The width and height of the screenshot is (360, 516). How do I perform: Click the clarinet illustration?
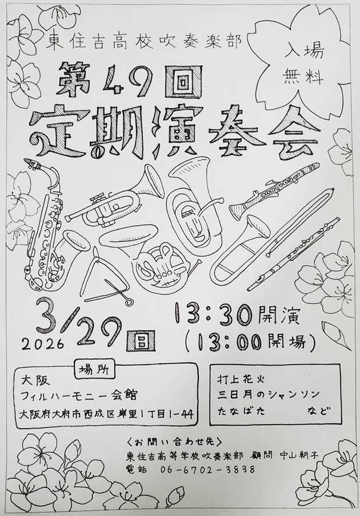coord(274,191)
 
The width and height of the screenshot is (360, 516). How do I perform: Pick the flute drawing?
coord(294,254)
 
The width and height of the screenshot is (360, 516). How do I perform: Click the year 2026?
coord(43,343)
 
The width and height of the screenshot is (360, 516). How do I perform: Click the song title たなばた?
coord(241,411)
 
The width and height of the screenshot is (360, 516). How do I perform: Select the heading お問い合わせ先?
coord(174,441)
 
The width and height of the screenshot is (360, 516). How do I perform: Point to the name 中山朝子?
coord(299,456)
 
